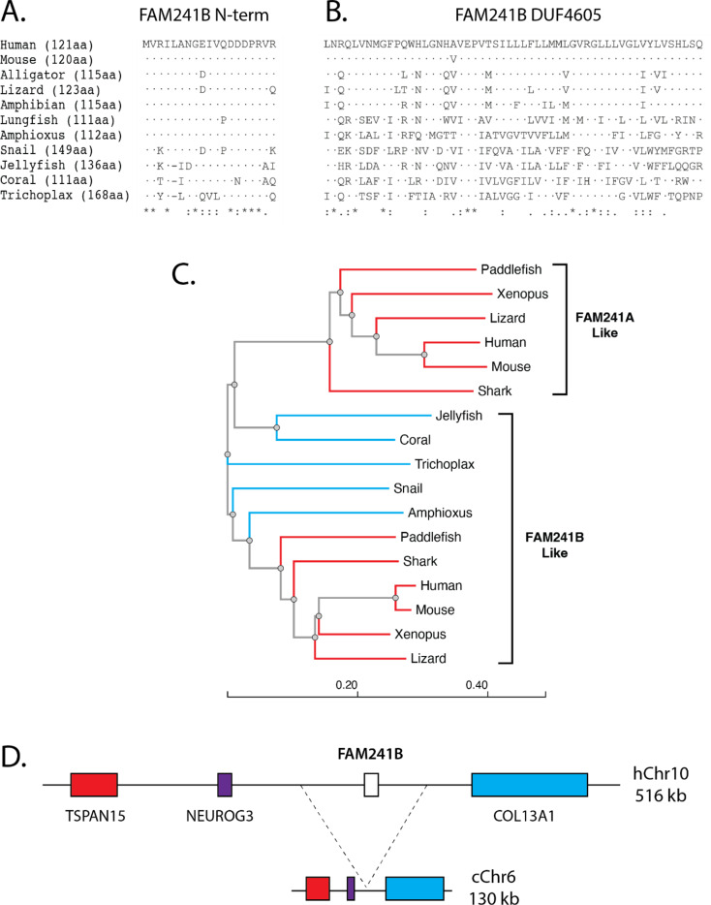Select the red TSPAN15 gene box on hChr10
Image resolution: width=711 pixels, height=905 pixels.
pyautogui.click(x=94, y=785)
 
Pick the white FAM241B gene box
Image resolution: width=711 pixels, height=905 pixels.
pyautogui.click(x=370, y=785)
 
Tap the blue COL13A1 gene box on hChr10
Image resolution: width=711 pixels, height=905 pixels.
pyautogui.click(x=529, y=785)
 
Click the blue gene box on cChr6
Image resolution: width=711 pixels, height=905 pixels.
pyautogui.click(x=415, y=860)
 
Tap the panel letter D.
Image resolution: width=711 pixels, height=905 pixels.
pyautogui.click(x=15, y=753)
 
